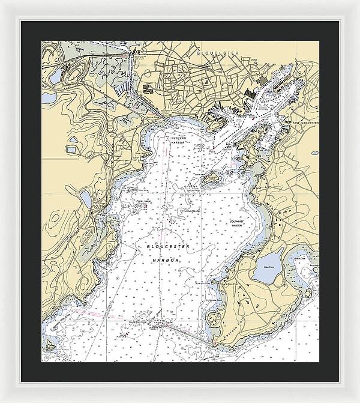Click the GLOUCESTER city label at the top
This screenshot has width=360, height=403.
(x=218, y=53)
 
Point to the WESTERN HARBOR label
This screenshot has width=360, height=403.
(x=179, y=141)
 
